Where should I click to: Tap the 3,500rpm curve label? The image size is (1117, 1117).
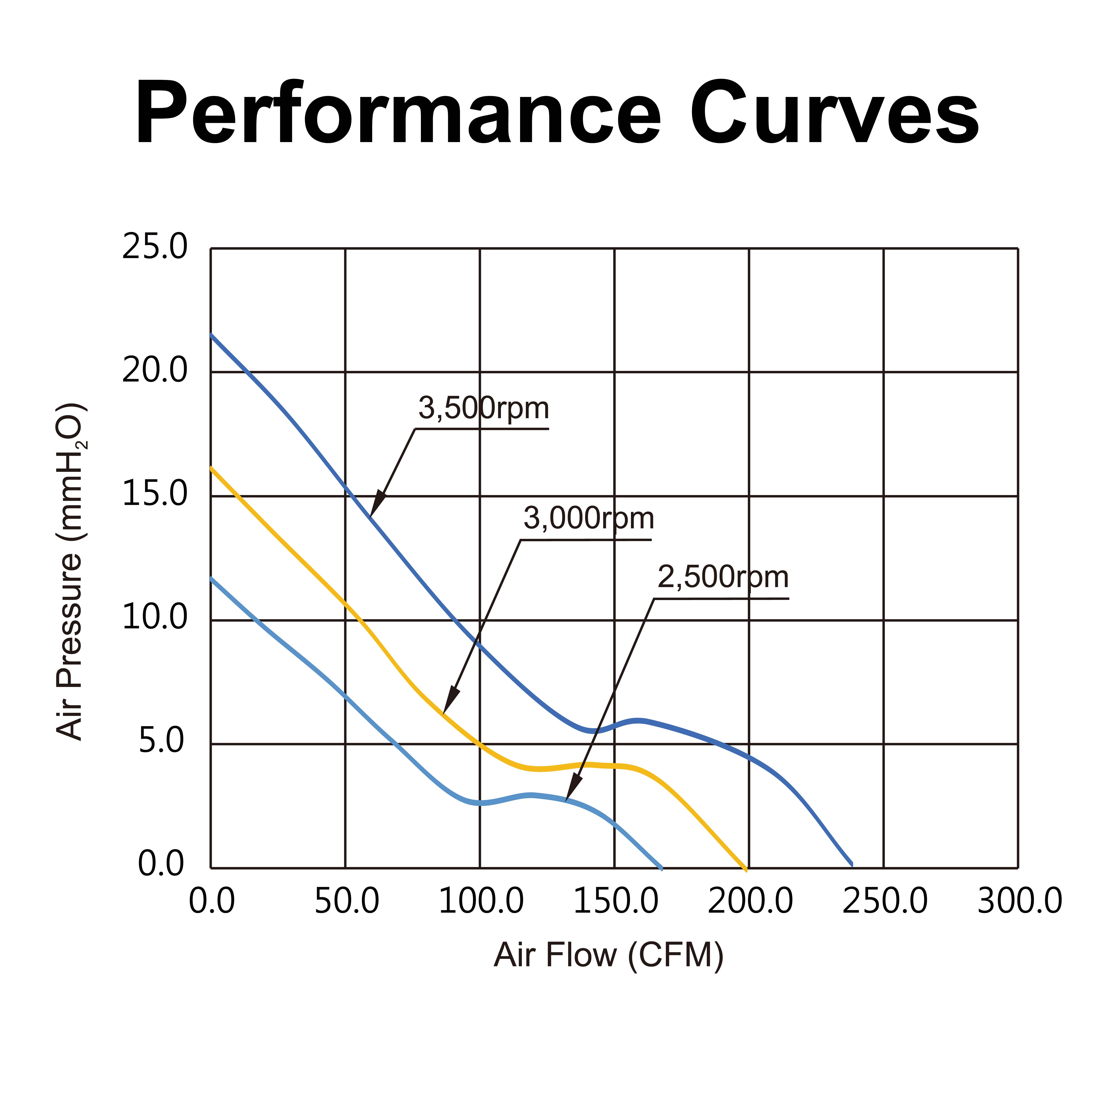tap(483, 409)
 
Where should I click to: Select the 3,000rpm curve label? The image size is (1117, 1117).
tap(589, 519)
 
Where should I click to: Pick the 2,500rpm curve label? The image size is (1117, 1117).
tap(723, 577)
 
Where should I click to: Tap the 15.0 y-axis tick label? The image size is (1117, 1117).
tap(155, 495)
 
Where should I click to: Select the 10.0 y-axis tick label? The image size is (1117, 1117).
tap(155, 618)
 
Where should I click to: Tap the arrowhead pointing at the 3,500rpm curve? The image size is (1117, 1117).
tap(377, 503)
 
